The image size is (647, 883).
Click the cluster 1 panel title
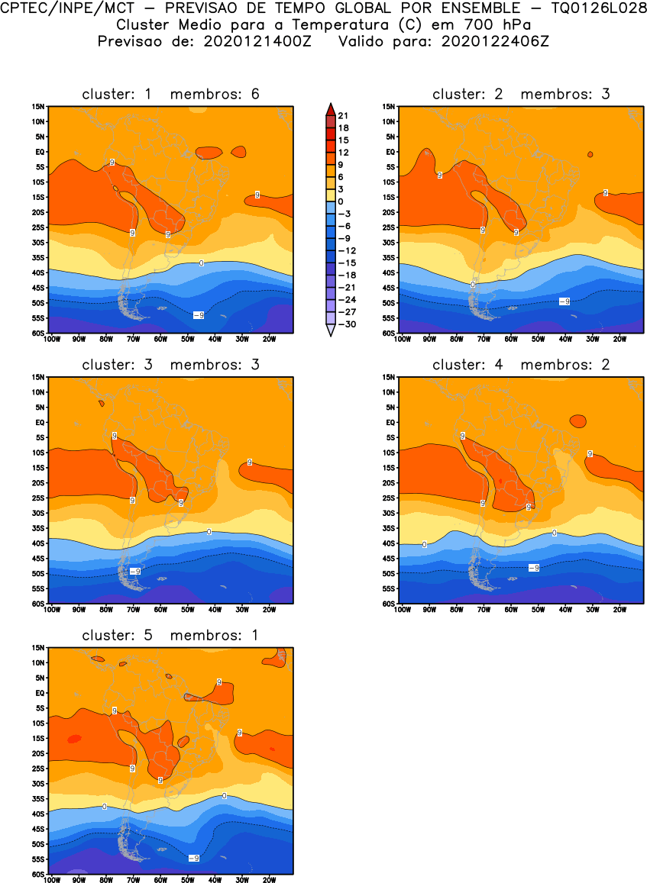[x=171, y=94]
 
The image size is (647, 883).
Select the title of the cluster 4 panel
[x=521, y=365]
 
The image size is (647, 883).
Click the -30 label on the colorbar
[x=345, y=324]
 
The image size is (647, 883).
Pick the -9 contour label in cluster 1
[x=197, y=315]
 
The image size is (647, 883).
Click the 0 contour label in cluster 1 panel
[x=201, y=263]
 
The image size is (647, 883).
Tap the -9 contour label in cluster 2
[x=564, y=301]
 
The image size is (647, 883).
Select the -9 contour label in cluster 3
[x=134, y=571]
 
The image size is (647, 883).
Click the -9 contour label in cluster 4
[x=533, y=568]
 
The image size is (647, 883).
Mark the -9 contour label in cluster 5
[x=194, y=859]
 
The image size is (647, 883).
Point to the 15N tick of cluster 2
[x=389, y=107]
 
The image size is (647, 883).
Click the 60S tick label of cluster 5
[x=38, y=875]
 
